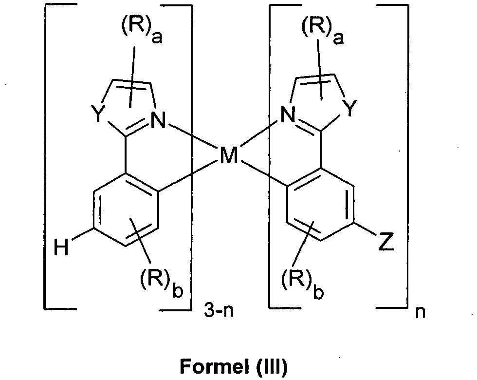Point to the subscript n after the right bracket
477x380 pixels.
(x=420, y=312)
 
